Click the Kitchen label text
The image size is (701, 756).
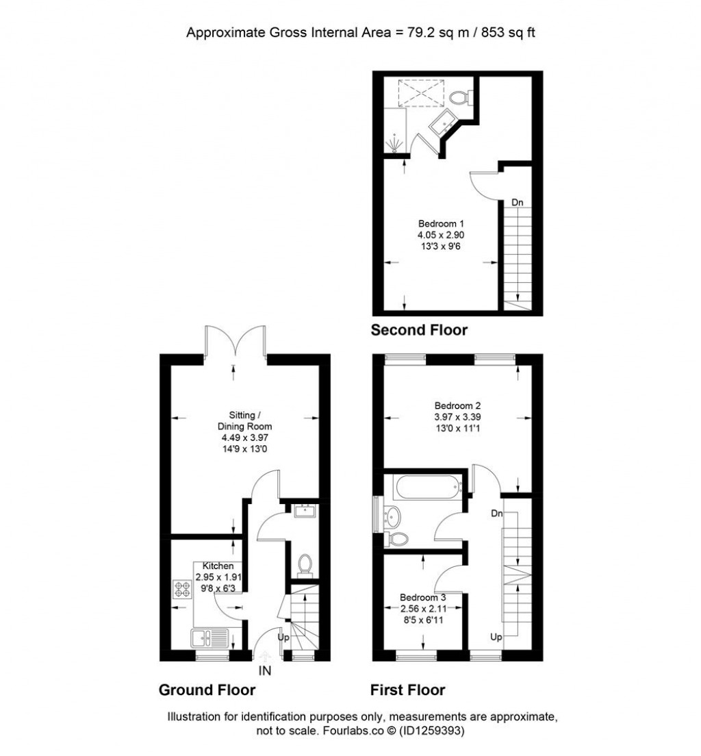click(218, 566)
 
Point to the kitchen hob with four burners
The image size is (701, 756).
click(183, 588)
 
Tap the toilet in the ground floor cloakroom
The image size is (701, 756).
click(305, 564)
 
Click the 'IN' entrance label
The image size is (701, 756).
click(265, 671)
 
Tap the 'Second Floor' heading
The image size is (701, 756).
click(419, 330)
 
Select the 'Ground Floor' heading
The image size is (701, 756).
click(207, 690)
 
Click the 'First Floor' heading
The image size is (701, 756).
click(407, 690)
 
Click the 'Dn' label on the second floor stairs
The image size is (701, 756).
click(518, 203)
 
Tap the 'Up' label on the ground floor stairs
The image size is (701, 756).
click(283, 637)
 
